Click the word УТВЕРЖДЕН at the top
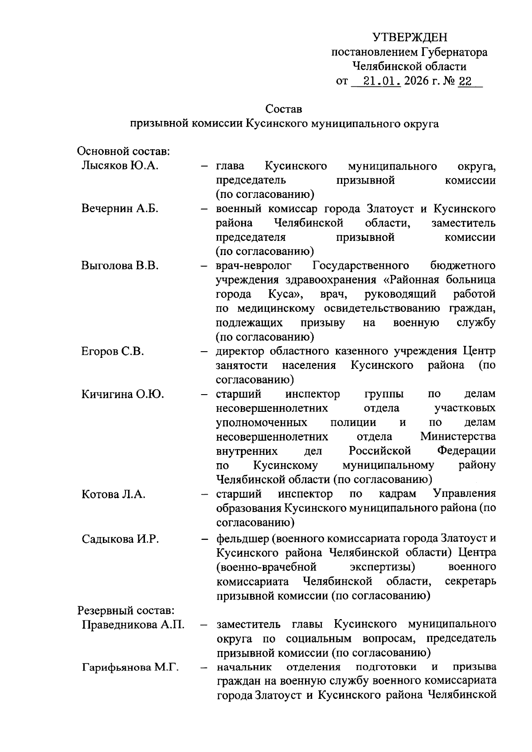click(x=410, y=37)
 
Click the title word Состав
click(x=284, y=109)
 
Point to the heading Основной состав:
click(x=124, y=151)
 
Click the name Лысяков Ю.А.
click(x=120, y=166)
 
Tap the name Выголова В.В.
click(x=120, y=266)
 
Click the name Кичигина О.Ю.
click(x=123, y=394)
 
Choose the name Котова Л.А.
click(x=113, y=494)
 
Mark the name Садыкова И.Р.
click(x=120, y=539)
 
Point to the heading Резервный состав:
click(x=126, y=611)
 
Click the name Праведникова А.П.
click(x=133, y=625)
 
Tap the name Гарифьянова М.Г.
click(x=130, y=667)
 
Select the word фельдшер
click(x=243, y=539)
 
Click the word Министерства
click(x=458, y=437)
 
